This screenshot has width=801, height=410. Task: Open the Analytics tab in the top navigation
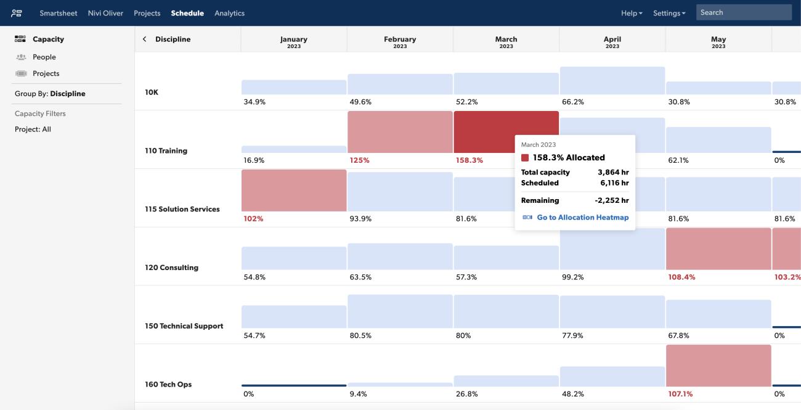pos(229,13)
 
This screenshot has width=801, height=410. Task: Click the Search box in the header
pos(743,12)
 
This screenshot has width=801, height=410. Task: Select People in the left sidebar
pos(44,57)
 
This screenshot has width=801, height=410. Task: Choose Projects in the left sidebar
pos(46,73)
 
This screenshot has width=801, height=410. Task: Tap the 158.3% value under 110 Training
pos(470,160)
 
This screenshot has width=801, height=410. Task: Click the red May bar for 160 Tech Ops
pos(718,366)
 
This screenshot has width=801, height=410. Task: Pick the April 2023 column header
pos(612,41)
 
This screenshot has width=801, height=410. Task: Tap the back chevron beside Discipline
pos(145,39)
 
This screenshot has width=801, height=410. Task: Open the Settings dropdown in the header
pos(669,13)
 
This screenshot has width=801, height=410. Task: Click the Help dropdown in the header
pos(632,13)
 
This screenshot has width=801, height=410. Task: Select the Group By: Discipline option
pos(50,94)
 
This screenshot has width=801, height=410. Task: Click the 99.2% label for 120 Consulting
pos(573,277)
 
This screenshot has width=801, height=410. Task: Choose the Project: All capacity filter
pos(33,129)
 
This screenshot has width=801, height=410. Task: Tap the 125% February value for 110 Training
pos(359,160)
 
